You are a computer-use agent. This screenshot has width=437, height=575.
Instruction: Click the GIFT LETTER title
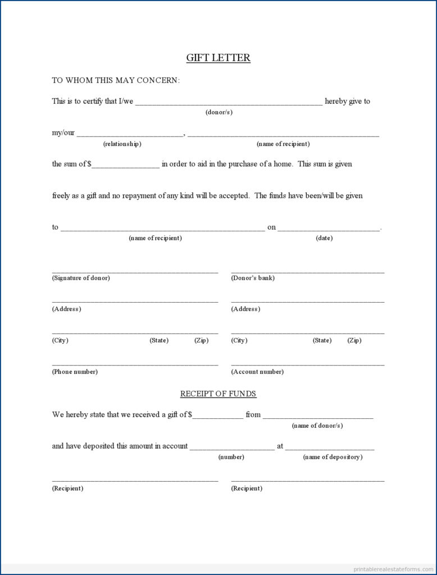[218, 58]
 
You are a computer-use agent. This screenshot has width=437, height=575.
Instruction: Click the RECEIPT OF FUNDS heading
[218, 394]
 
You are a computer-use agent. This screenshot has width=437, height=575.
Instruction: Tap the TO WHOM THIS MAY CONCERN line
[116, 80]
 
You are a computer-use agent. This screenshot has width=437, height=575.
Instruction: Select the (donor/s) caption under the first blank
[219, 112]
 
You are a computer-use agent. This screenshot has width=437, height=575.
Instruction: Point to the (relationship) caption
[122, 144]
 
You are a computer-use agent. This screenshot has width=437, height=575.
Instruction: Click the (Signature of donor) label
[81, 278]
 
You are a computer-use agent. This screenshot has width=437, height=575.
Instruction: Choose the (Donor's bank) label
[253, 278]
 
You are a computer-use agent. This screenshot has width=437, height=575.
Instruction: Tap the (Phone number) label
[75, 372]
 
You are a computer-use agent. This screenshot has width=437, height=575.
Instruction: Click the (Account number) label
[257, 372]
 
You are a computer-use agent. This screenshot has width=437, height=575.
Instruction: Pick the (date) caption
[324, 238]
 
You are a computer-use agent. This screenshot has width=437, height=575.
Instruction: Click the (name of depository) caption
[333, 457]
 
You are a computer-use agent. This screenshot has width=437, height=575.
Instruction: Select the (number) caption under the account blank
[231, 457]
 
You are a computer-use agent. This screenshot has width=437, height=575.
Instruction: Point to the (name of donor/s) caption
[317, 426]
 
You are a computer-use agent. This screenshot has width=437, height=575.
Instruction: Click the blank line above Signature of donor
[135, 271]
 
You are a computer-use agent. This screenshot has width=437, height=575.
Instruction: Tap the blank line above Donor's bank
[307, 271]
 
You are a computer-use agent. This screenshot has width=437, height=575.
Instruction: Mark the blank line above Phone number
[135, 365]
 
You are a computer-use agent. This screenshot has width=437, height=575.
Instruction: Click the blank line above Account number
[307, 365]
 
